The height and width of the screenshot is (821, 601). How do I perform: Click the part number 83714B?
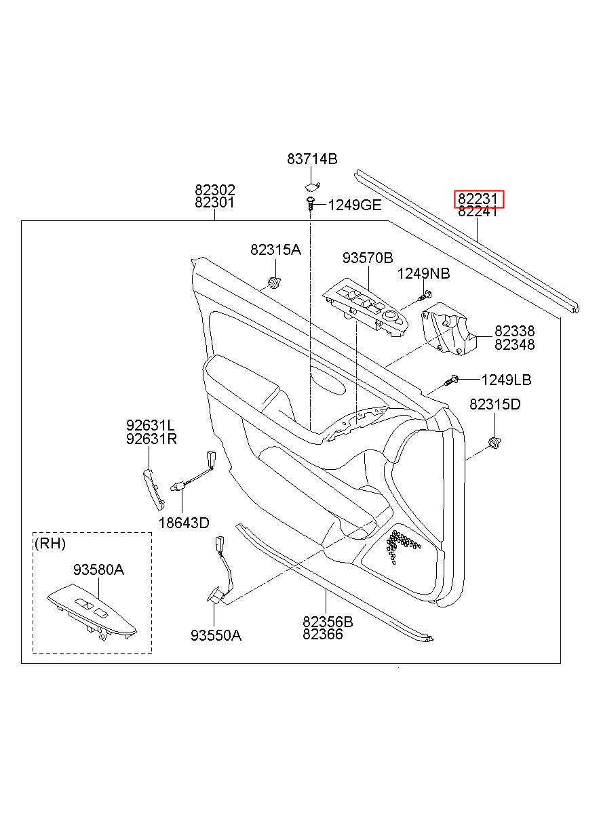click(311, 159)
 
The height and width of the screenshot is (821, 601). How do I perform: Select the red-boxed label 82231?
click(479, 199)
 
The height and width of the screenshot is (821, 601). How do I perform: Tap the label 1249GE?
click(354, 205)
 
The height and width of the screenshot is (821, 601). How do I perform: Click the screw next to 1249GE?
click(311, 203)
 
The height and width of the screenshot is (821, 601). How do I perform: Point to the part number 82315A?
click(275, 250)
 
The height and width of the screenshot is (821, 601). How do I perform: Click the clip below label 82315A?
click(275, 283)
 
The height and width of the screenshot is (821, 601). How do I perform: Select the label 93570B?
click(368, 258)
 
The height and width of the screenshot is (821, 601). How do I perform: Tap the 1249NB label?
click(423, 274)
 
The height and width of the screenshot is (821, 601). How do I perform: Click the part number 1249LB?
click(506, 380)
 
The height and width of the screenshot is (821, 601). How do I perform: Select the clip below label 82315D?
click(495, 443)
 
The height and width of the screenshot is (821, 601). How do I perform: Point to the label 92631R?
click(151, 439)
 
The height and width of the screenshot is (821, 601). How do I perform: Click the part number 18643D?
click(184, 523)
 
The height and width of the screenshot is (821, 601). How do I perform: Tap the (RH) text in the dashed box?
click(50, 544)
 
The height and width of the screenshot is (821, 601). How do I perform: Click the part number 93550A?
click(216, 635)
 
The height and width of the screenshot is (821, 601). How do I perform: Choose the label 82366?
click(323, 634)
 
